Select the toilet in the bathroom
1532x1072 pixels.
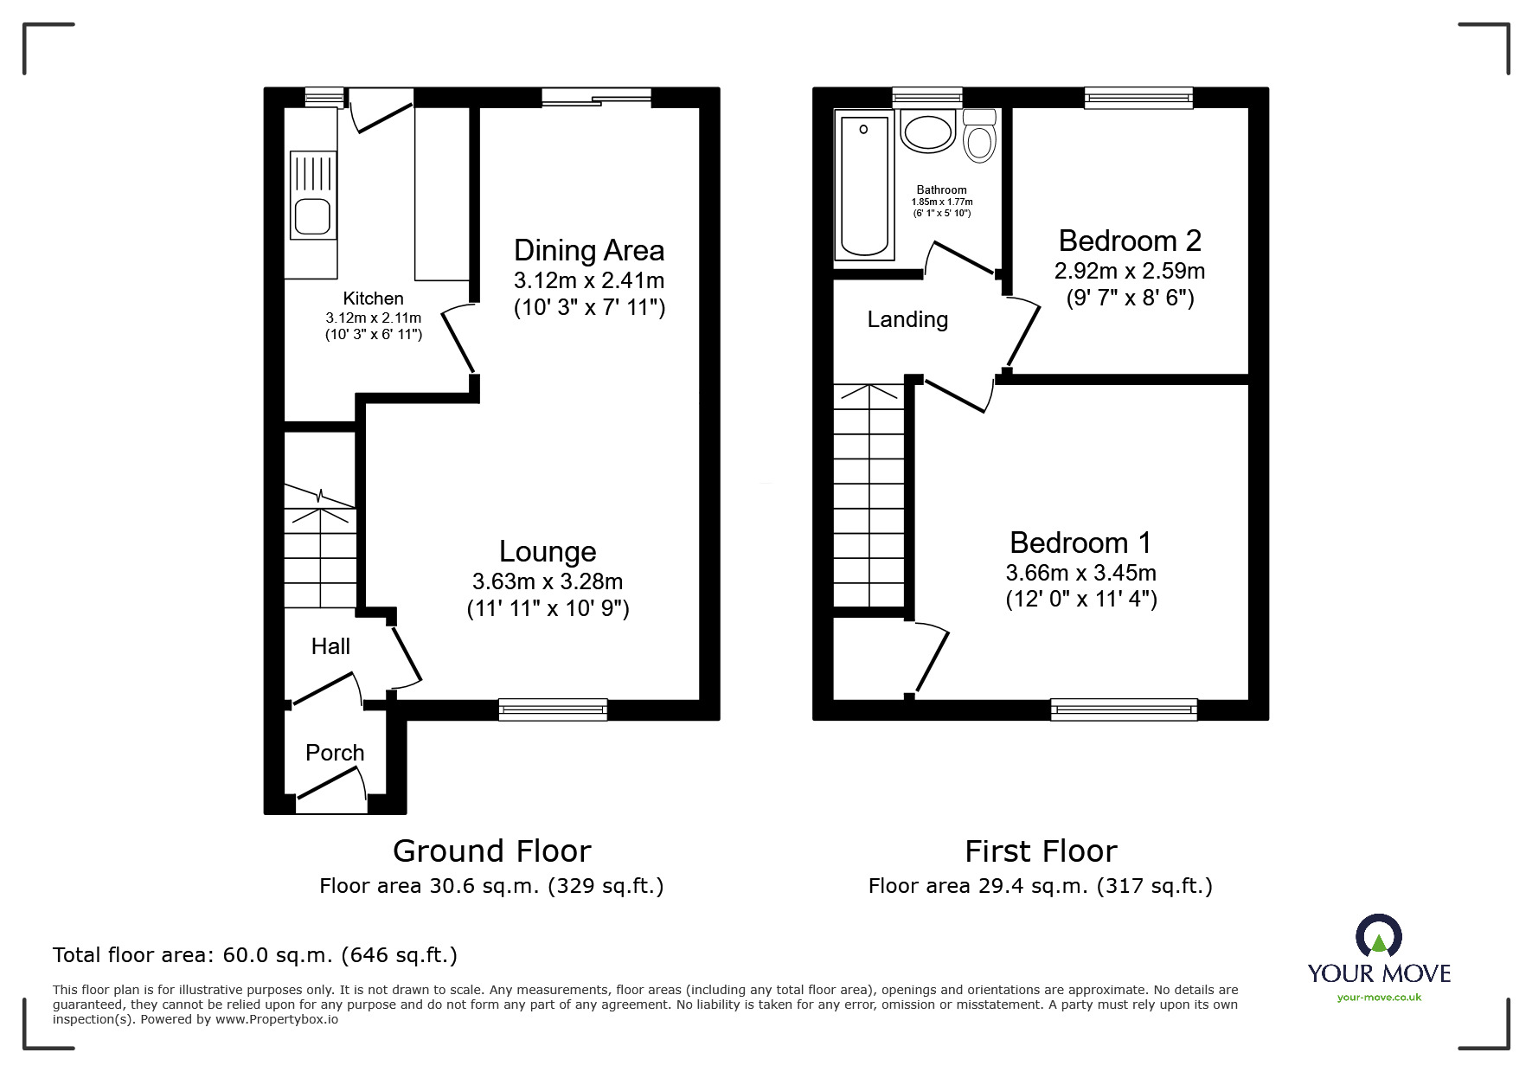coord(979,139)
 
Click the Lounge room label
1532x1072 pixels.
coord(548,552)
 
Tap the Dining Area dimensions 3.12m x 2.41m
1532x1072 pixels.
coord(589,280)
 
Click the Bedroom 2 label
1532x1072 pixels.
coord(1130,241)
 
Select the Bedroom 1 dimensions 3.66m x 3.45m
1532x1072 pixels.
coord(1080,573)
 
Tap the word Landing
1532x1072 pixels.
coord(907,320)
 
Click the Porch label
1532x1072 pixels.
coord(335,753)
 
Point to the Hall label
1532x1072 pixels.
coord(330,646)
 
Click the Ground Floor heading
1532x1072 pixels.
coord(491,851)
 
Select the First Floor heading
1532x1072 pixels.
coord(1041,851)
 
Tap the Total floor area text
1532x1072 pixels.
coord(255,955)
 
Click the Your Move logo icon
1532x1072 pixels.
coord(1378,937)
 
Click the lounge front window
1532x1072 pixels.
coord(553,709)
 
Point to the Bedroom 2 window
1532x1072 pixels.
coord(1138,98)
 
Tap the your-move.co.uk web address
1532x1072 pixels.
coord(1379,998)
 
